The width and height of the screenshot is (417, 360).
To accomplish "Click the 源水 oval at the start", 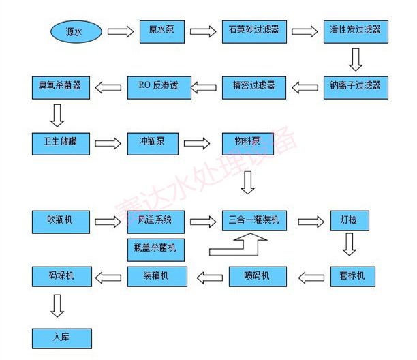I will [76, 31].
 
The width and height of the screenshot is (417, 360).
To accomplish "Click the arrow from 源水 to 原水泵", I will [120, 31].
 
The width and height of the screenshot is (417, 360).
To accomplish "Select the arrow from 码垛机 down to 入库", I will [58, 305].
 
